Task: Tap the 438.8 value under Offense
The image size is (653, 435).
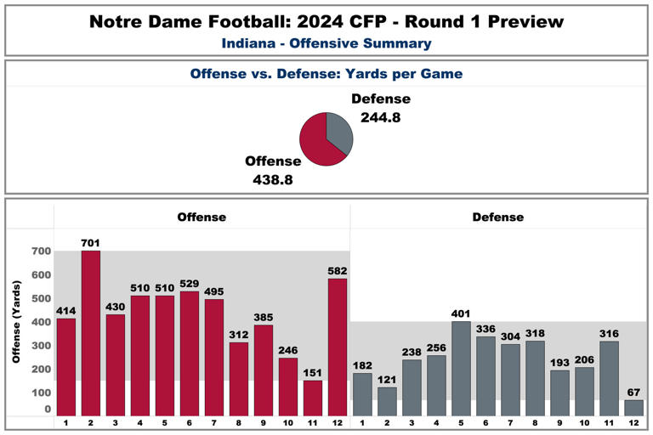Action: coord(273,179)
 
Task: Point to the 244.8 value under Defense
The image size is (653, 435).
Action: coord(380,118)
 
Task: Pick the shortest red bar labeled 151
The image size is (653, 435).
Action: coord(313,398)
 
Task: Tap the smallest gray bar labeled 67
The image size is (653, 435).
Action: coord(633,407)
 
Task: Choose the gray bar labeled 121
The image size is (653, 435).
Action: coord(387,401)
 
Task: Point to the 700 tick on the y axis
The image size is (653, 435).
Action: coord(41,251)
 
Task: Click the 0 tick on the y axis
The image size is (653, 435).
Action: coord(48,410)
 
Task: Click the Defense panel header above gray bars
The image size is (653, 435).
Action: coord(498,217)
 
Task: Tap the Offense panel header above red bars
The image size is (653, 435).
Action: coord(202,217)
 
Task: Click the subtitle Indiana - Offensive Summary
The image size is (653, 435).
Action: coord(326,43)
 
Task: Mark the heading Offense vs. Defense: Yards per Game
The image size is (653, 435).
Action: coord(326,74)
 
